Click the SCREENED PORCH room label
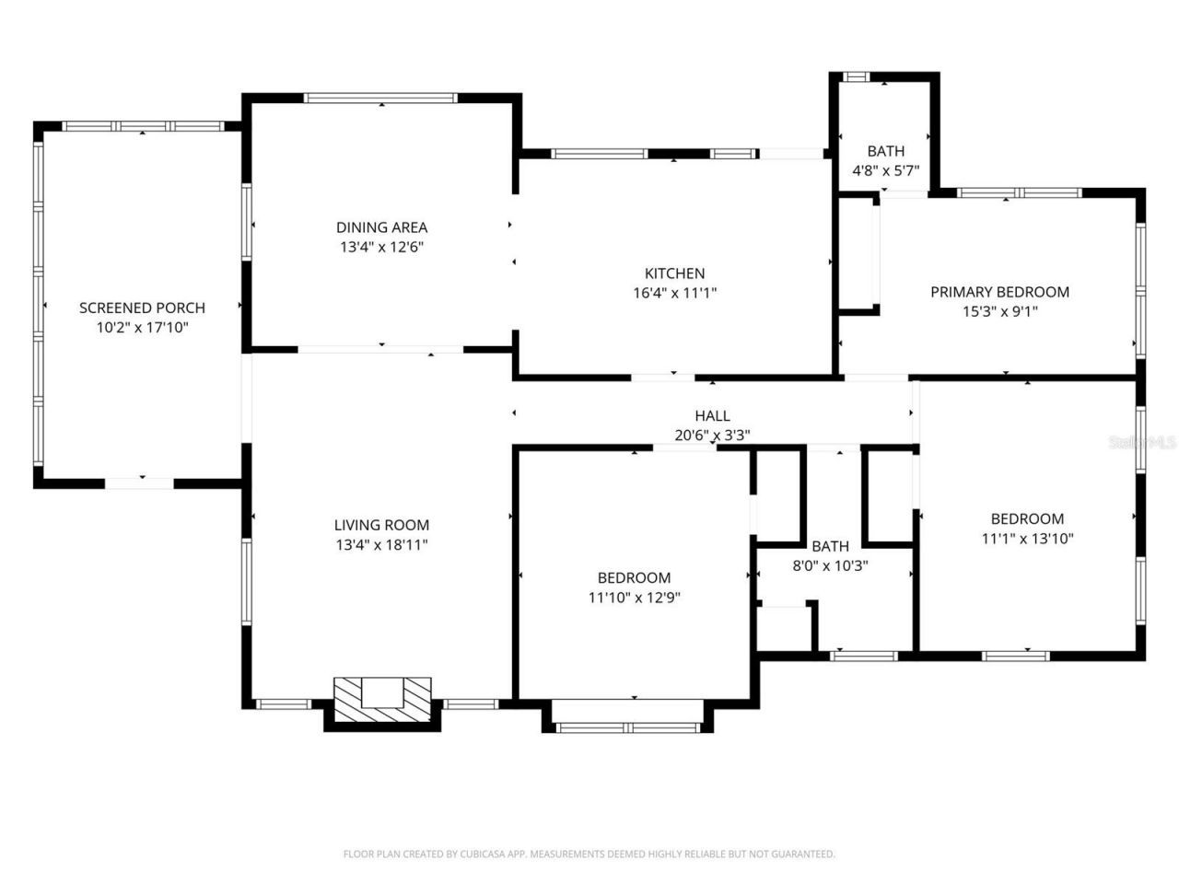142,308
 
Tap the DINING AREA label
381,227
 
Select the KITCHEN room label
674,273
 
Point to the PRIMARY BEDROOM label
999,292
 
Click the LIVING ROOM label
381,525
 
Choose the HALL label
712,416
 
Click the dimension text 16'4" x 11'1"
674,293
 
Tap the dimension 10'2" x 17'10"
142,327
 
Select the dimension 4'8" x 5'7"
885,170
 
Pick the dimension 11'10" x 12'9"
634,597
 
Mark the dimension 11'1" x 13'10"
1027,539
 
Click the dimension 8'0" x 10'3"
830,566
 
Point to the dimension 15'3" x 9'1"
999,311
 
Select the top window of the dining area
380,98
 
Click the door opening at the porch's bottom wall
139,483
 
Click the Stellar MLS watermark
1143,442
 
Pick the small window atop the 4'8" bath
858,76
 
